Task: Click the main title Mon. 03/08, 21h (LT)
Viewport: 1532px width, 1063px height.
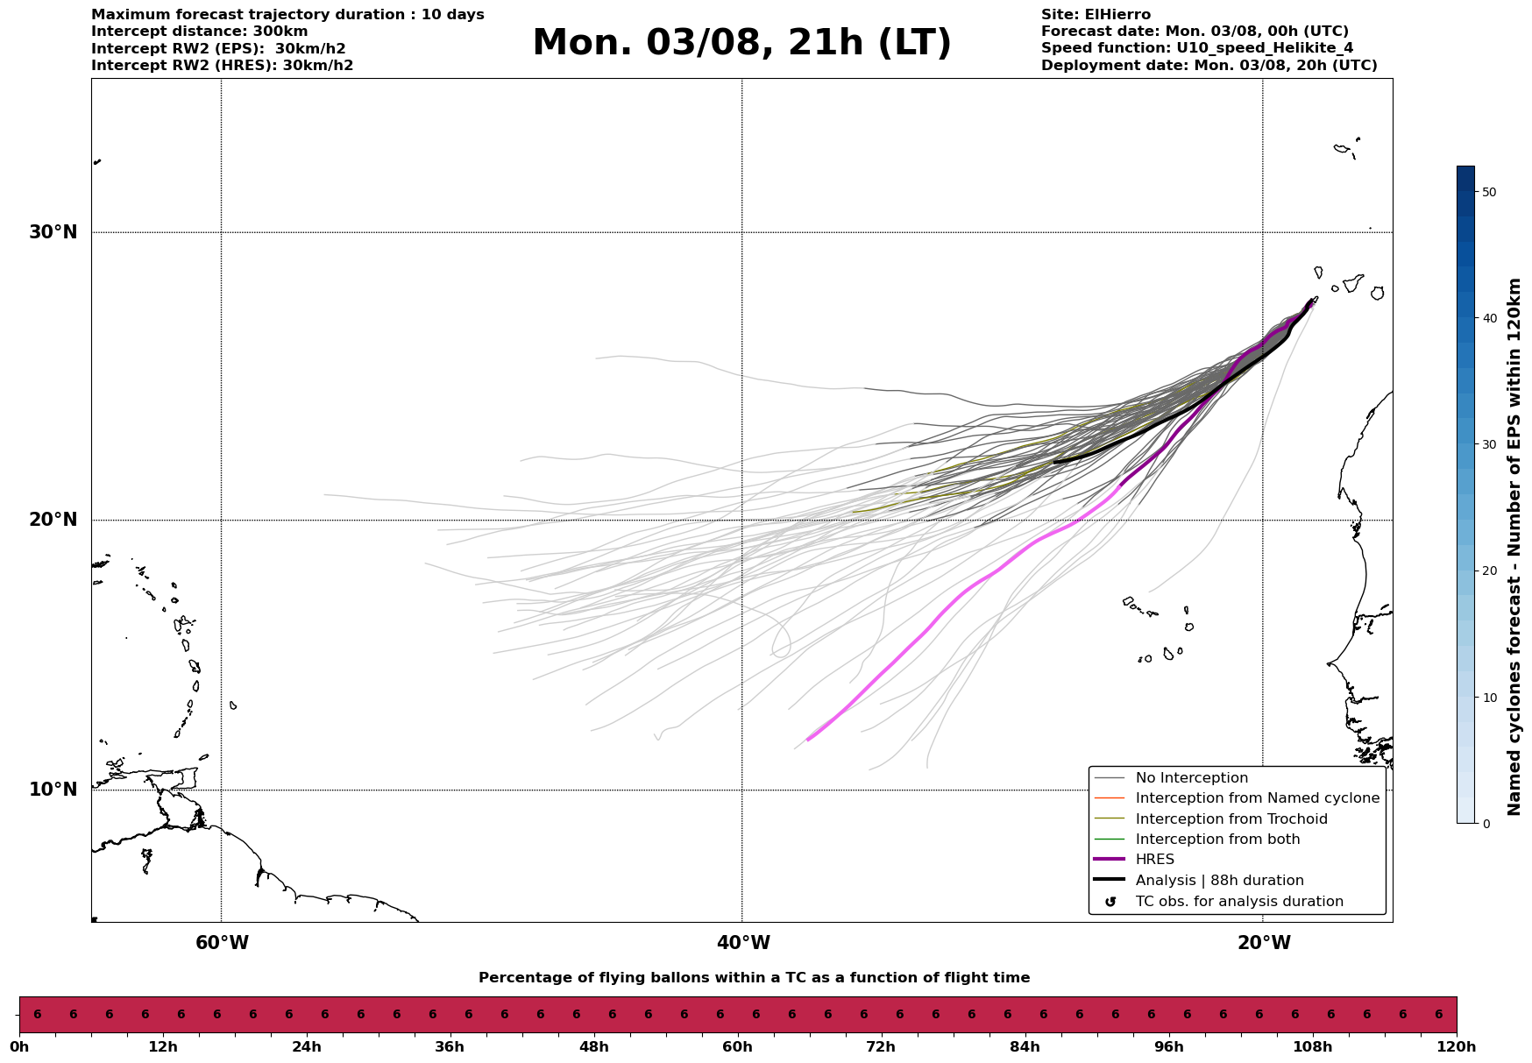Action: [x=741, y=43]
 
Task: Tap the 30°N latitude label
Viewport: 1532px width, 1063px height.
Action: [x=53, y=232]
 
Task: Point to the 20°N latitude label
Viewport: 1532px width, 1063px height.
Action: [x=53, y=520]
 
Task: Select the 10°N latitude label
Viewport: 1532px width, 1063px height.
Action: [x=53, y=790]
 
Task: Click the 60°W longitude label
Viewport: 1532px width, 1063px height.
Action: [x=222, y=943]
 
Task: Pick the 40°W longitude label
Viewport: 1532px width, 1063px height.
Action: [x=743, y=943]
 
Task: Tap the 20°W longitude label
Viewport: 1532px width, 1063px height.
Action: [x=1264, y=943]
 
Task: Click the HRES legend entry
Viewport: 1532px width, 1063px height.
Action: [x=1154, y=860]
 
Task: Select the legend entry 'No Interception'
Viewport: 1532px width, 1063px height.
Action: [x=1191, y=778]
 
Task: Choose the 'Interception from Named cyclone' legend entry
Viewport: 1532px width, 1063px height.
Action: [x=1257, y=798]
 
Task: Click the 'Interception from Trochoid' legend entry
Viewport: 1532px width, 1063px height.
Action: [x=1231, y=819]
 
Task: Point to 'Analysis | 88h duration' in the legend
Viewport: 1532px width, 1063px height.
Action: [x=1219, y=881]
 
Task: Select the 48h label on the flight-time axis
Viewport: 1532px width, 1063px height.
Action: [x=593, y=1046]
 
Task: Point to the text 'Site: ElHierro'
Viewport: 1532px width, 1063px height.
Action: [x=1096, y=15]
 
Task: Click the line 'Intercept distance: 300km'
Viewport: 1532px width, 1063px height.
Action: [x=199, y=32]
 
